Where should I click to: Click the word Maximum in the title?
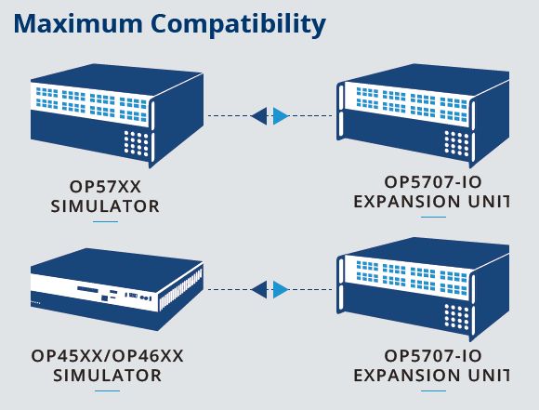tap(78, 24)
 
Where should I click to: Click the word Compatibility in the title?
tap(238, 25)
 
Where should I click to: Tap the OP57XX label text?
tap(105, 187)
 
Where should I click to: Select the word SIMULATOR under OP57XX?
tap(105, 206)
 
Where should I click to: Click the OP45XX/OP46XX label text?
tap(107, 356)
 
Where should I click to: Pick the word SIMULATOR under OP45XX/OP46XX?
tap(107, 376)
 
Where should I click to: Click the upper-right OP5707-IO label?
tap(433, 182)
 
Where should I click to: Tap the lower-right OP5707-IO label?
tap(433, 356)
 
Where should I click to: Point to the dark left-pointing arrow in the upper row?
tap(259, 115)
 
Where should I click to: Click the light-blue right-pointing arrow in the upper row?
tap(281, 115)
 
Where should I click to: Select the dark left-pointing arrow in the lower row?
tap(259, 289)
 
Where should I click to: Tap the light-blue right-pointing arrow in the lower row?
tap(281, 289)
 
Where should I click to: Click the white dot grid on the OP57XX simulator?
tap(136, 143)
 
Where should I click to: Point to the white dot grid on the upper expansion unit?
tap(457, 143)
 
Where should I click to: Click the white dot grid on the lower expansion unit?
tap(457, 316)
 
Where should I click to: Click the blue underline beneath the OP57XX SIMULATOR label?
tap(105, 221)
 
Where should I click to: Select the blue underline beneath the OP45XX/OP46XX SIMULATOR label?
tap(107, 390)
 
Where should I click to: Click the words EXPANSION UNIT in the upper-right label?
tap(431, 202)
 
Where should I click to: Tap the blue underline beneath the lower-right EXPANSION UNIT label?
tap(433, 390)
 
